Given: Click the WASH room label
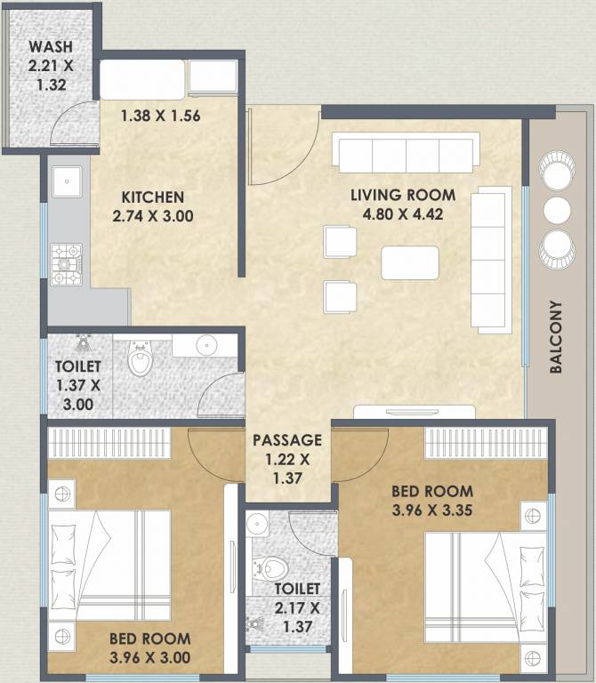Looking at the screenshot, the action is point(51,46).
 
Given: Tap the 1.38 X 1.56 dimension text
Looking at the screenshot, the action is point(160,116).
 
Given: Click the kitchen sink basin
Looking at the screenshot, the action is point(67,181).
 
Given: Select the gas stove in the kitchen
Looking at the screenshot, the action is point(66,264).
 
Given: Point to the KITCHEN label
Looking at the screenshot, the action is point(152,197).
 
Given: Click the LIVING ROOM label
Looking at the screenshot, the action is point(403,195).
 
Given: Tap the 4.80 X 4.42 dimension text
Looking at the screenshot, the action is point(403,214).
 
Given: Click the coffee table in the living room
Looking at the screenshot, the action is point(410,262).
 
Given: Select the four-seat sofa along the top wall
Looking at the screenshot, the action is point(406,152).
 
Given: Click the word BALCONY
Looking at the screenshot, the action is point(555,336).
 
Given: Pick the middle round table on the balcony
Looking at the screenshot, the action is point(557,210).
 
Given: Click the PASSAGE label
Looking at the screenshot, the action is point(287,440).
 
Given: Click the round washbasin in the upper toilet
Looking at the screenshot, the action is point(206,346).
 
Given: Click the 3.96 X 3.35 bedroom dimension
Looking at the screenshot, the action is point(432,510).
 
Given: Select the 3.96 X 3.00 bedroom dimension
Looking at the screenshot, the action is point(149,658).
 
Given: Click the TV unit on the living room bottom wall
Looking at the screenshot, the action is point(415,412).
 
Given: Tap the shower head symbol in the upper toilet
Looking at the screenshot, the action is point(82,343).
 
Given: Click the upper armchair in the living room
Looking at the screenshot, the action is point(340,242).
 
